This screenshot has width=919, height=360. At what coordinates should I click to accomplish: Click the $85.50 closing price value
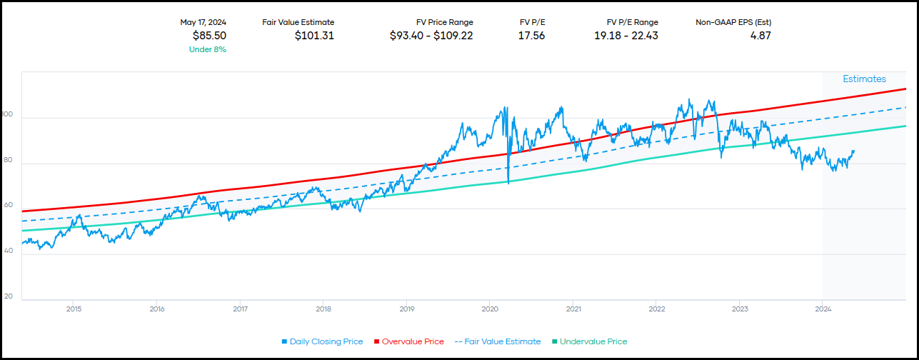click(209, 35)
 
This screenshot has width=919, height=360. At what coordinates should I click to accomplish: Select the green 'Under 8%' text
click(208, 49)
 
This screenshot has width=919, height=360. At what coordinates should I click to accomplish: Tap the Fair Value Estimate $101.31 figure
click(314, 35)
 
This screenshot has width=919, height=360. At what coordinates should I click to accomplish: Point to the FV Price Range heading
click(444, 22)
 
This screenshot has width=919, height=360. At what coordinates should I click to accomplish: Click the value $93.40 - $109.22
click(431, 35)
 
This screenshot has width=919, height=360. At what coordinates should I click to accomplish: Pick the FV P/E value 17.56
click(531, 35)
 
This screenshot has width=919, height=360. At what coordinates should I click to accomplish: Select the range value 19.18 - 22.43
click(626, 35)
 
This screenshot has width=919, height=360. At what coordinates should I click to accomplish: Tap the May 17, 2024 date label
click(203, 22)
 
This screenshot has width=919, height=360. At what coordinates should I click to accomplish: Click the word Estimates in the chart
click(864, 79)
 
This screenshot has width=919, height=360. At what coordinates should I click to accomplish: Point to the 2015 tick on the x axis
click(74, 309)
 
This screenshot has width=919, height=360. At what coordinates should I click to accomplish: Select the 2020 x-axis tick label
click(490, 309)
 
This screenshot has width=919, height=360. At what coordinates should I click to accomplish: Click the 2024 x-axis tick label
click(823, 309)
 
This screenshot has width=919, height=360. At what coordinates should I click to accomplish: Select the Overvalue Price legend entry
click(408, 341)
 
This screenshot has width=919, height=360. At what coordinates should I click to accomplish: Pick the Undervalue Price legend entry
click(590, 341)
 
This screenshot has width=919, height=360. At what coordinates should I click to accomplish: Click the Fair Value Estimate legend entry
click(498, 341)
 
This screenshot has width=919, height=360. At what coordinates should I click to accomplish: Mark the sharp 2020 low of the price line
click(508, 183)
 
